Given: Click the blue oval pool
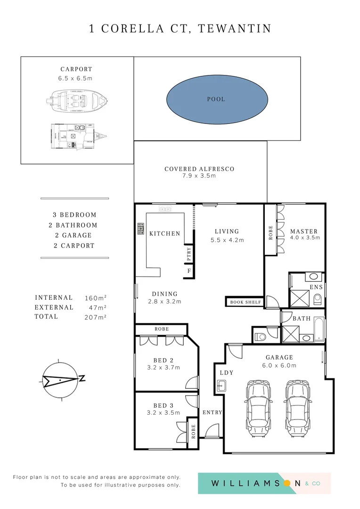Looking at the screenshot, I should point(217,99).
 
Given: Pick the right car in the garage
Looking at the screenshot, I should point(297,405).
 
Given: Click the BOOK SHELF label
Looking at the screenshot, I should point(245,302).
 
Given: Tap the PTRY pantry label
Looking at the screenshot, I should point(189,254).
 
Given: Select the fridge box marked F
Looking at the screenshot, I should point(189,271).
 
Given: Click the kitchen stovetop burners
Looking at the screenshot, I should point(140,229).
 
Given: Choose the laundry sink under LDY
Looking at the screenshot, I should point(221,387).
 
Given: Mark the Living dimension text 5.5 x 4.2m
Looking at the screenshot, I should point(227,240).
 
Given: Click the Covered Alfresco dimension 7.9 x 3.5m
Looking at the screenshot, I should point(199,176).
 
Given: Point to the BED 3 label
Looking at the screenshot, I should point(163,405).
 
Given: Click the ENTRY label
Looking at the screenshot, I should point(212,412).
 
